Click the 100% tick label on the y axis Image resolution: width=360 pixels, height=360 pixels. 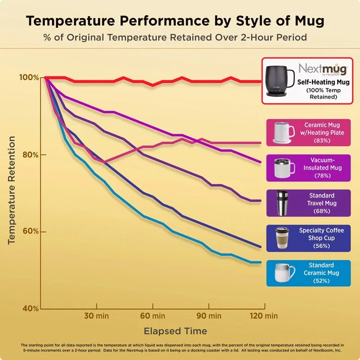pyautogui.click(x=29, y=78)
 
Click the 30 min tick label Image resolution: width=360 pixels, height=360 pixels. pyautogui.click(x=96, y=317)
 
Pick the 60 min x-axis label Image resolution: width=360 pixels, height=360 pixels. pyautogui.click(x=152, y=317)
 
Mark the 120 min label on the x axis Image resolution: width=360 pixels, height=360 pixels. pyautogui.click(x=264, y=317)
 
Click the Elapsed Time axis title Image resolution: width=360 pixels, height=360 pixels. pyautogui.click(x=175, y=331)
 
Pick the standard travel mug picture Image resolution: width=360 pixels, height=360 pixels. pyautogui.click(x=283, y=203)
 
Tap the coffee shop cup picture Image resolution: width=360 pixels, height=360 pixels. pyautogui.click(x=283, y=238)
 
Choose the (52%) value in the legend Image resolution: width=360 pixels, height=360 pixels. pyautogui.click(x=322, y=281)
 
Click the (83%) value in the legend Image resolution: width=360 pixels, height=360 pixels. pyautogui.click(x=322, y=141)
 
